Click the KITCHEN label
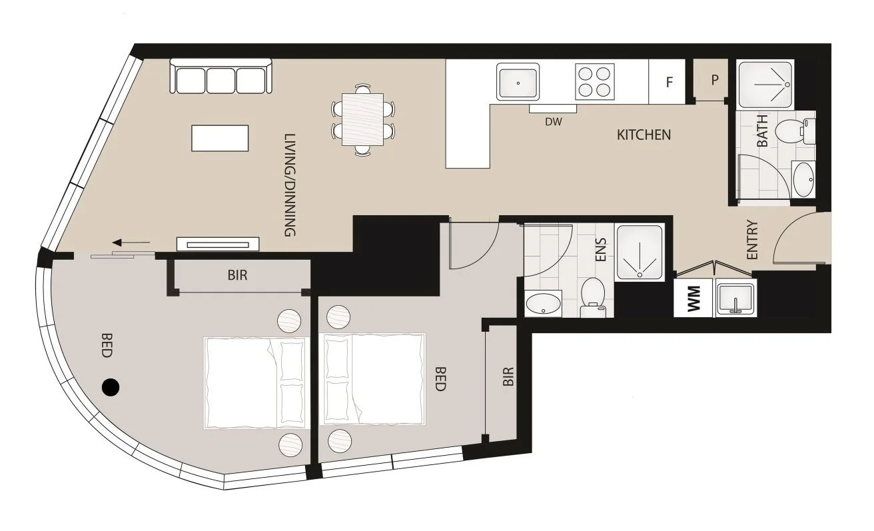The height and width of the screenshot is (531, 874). (x=644, y=135)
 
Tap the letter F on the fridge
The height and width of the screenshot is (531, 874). (x=669, y=83)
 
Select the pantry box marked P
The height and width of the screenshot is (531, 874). (x=714, y=80)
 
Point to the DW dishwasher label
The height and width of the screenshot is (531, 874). (x=553, y=122)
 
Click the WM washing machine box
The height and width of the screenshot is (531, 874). (x=693, y=298)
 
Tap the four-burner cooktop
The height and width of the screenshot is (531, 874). (x=594, y=82)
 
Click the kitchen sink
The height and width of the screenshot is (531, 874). (x=518, y=83)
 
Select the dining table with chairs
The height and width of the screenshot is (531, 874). (x=363, y=119)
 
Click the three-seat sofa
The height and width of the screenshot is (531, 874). (x=221, y=77)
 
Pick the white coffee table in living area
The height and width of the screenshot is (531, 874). (x=220, y=138)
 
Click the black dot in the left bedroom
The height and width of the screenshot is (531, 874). (x=110, y=386)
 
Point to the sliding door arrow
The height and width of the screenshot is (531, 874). (x=131, y=243)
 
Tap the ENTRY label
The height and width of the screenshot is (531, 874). (x=752, y=240)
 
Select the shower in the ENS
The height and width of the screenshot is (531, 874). (x=640, y=252)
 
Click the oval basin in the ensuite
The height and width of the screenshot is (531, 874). (x=544, y=304)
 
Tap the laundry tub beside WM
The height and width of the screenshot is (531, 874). (x=736, y=297)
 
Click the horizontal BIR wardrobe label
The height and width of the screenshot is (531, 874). (x=237, y=274)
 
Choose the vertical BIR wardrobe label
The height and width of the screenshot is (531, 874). (x=508, y=376)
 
